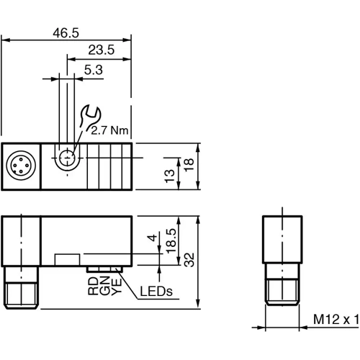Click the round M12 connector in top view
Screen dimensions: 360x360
coord(19,166)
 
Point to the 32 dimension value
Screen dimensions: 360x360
coord(189,259)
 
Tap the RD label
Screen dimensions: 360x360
coord(93,287)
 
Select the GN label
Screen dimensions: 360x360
coord(104,287)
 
